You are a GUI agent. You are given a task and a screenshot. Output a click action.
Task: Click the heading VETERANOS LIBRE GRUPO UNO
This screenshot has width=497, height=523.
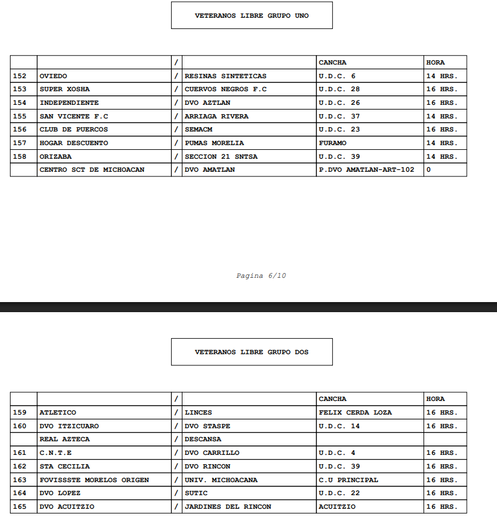coord(252,16)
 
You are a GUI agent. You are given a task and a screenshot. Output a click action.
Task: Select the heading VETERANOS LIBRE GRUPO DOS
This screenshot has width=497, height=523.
coord(252,352)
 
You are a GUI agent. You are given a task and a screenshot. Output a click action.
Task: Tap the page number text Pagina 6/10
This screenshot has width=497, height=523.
coord(261,276)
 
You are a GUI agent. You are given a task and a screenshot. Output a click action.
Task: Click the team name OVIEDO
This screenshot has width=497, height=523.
coord(53,76)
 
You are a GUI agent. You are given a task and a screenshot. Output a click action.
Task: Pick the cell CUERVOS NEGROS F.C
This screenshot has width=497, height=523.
coord(226,89)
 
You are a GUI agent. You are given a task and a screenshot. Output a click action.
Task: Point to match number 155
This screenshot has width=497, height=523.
coord(20,117)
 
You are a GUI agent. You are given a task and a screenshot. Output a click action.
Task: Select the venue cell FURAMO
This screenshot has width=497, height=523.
coord(333,143)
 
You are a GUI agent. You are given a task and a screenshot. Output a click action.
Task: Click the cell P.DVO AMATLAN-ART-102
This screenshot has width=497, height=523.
coord(367,170)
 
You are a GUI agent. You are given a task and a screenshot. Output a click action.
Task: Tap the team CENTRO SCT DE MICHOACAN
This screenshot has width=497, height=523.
coord(92,170)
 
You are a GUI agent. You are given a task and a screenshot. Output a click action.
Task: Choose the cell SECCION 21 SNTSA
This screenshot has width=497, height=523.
coord(221,157)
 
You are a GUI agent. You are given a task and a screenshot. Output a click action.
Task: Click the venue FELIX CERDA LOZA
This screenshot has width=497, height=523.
coord(355,413)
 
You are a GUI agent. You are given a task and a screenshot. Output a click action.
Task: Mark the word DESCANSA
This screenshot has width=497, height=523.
coord(203,439)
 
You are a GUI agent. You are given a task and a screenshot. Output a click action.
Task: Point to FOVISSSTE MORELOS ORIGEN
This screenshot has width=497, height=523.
coord(94,480)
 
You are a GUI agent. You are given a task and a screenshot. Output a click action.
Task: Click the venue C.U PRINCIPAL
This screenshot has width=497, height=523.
coord(348,480)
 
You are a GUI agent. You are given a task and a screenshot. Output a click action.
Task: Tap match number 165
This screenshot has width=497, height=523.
coord(20,507)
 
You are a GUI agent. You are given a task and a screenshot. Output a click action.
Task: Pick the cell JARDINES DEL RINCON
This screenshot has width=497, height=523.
coord(228,507)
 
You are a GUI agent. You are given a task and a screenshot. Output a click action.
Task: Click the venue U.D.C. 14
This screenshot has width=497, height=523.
coord(339,426)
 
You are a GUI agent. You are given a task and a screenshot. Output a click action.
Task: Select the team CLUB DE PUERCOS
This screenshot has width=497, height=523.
coord(73,130)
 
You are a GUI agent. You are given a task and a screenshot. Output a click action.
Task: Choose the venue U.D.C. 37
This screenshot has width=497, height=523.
coord(339,117)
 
